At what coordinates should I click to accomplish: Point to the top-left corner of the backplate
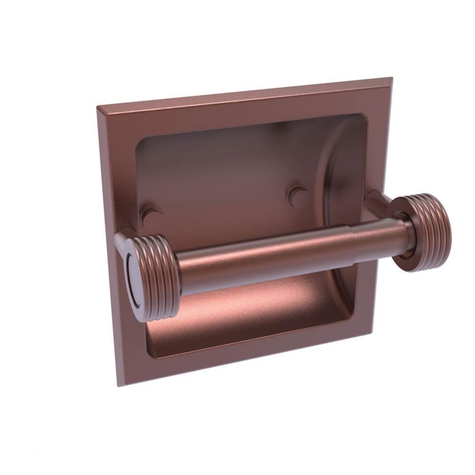97,107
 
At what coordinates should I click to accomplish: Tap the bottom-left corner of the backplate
119,385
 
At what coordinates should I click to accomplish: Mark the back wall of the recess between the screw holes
223,190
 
